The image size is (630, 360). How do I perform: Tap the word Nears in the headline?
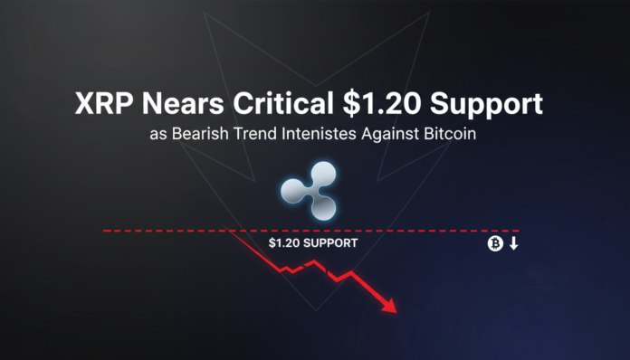[x=185, y=106]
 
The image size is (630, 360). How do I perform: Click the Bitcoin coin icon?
[x=494, y=243]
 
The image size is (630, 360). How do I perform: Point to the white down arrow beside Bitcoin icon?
[x=513, y=243]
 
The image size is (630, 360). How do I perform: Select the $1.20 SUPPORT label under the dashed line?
[x=312, y=243]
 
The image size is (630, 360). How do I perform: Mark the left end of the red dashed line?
[x=103, y=231]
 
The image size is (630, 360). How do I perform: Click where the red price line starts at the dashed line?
[x=233, y=232]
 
